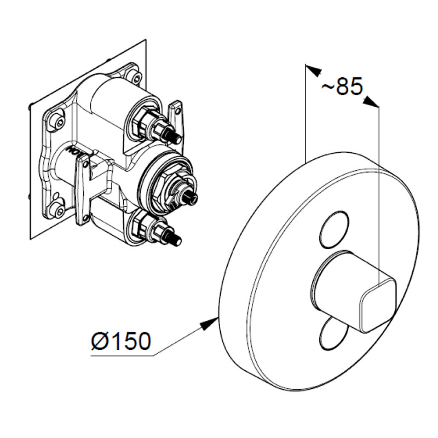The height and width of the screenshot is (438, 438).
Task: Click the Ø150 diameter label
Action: (x=120, y=342)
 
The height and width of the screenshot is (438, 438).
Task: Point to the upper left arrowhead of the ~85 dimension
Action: (x=312, y=70)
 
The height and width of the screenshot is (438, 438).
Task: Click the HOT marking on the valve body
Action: (x=71, y=149)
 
